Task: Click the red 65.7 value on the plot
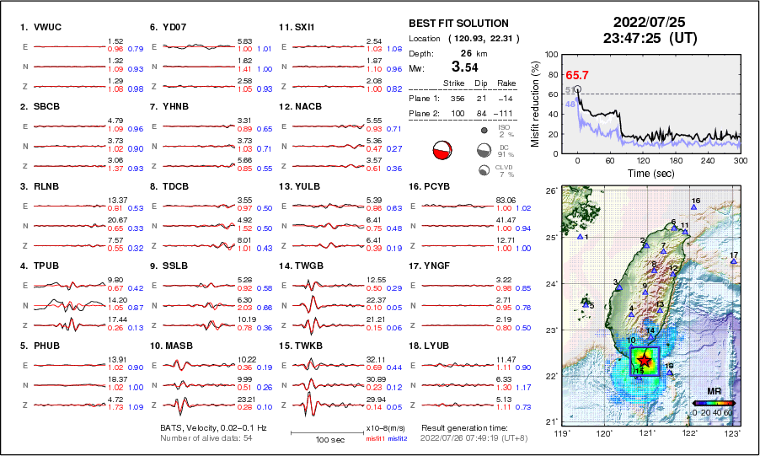pyautogui.click(x=577, y=75)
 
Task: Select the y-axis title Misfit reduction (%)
pyautogui.click(x=535, y=102)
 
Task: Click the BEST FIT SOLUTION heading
pyautogui.click(x=458, y=24)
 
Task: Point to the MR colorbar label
pyautogui.click(x=714, y=391)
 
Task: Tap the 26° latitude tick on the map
pyautogui.click(x=549, y=191)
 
